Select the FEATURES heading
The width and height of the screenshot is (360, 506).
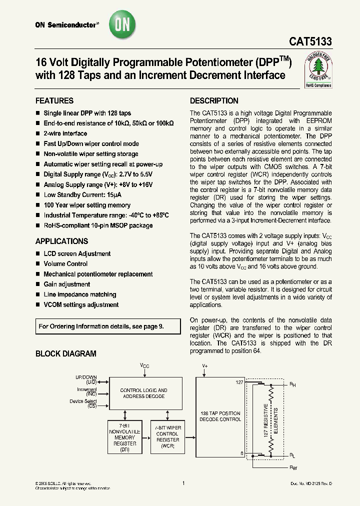[54, 100]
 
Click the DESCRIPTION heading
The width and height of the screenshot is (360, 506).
[214, 100]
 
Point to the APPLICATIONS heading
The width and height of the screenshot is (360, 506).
[61, 241]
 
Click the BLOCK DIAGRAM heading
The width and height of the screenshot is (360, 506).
[65, 353]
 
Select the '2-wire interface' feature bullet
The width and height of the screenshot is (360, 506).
[65, 133]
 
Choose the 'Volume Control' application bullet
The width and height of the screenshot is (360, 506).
[65, 264]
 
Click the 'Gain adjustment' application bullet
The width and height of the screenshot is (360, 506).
[67, 284]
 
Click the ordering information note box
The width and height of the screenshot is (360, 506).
[108, 326]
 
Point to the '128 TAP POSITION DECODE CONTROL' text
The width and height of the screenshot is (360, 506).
[220, 416]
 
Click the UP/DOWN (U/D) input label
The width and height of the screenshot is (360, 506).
[86, 379]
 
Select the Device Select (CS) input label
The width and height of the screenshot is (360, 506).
[83, 403]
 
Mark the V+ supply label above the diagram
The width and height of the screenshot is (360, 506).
[204, 366]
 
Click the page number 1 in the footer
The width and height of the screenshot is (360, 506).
[183, 483]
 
